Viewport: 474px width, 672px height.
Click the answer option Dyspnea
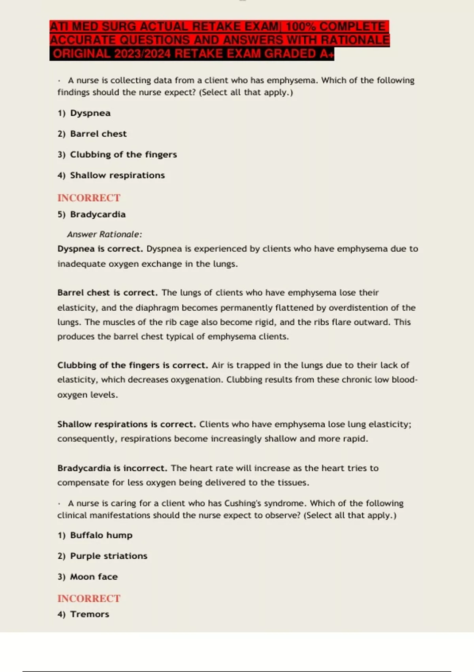(90, 113)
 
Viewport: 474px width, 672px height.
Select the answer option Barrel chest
(98, 134)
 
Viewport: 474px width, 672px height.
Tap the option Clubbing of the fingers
(123, 155)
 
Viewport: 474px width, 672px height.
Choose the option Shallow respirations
(117, 175)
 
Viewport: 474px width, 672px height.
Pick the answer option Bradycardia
(98, 214)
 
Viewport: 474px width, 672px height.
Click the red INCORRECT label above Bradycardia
(89, 198)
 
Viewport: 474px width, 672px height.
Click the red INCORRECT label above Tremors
(89, 598)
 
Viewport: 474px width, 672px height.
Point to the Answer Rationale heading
(104, 234)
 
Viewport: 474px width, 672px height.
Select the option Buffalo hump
(101, 535)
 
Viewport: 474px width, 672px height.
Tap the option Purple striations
(109, 556)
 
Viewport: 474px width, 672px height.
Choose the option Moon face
(94, 577)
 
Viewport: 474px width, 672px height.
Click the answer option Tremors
(89, 614)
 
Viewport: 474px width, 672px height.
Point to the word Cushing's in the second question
(244, 504)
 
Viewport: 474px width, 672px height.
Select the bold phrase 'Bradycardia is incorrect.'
(112, 468)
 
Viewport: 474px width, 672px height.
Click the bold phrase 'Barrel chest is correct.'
(107, 293)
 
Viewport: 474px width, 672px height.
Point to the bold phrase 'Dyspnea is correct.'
(100, 249)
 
